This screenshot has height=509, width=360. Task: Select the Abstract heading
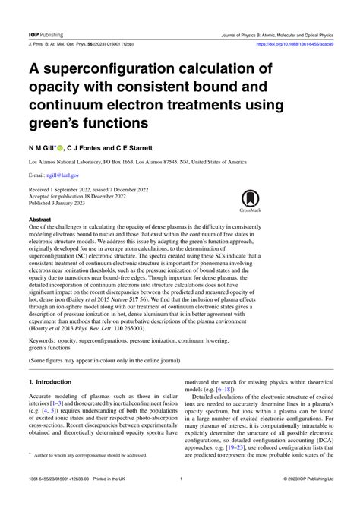pos(42,219)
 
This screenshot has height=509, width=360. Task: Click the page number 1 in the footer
pos(181,500)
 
